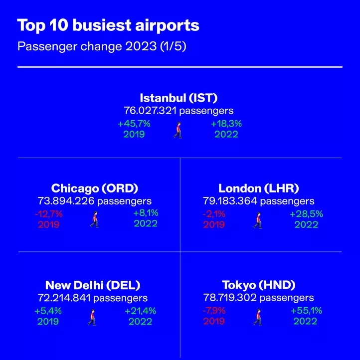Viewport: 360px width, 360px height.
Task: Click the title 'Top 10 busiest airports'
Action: (108, 25)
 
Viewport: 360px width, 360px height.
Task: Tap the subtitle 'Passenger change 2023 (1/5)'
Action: (102, 46)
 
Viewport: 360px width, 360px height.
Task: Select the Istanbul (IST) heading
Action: (179, 98)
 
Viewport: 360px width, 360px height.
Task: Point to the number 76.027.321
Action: (150, 110)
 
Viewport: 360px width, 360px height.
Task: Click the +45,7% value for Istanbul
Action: (134, 124)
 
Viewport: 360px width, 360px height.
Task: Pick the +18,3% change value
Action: (226, 124)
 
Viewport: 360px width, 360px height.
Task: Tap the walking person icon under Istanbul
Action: (178, 130)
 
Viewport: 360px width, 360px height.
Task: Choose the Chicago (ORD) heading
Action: (95, 188)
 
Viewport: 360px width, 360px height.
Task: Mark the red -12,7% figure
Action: (48, 214)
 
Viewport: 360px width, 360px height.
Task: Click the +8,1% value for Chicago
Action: (146, 213)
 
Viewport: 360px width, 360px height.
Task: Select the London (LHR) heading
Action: (258, 188)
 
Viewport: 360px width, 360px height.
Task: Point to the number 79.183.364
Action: (230, 201)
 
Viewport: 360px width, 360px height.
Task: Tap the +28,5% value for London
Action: (306, 214)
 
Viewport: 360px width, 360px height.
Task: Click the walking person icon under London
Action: (258, 220)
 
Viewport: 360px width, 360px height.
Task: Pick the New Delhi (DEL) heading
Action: (93, 285)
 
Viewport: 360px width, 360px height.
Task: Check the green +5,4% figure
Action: (48, 311)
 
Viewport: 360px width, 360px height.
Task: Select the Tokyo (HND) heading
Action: (258, 285)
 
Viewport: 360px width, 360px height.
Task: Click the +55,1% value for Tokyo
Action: (306, 311)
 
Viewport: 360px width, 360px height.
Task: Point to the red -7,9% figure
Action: (214, 311)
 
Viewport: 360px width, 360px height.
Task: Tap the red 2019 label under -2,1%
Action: (214, 224)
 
